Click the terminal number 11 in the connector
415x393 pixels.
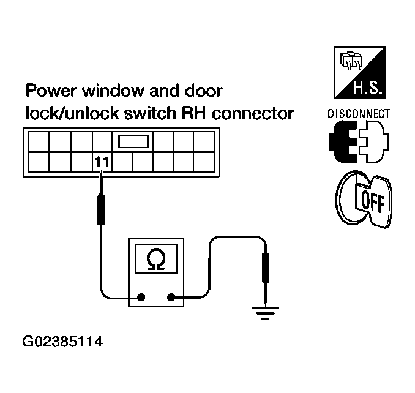pyautogui.click(x=102, y=162)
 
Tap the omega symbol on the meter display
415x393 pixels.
pyautogui.click(x=156, y=259)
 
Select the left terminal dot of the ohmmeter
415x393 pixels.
pyautogui.click(x=141, y=297)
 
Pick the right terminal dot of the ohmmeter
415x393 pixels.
pyautogui.click(x=171, y=297)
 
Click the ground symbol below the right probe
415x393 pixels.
pyautogui.click(x=266, y=313)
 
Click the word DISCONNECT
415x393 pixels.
pyautogui.click(x=359, y=114)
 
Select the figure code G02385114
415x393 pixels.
pyautogui.click(x=62, y=342)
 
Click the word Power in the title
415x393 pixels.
pyautogui.click(x=52, y=91)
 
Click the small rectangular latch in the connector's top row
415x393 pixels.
pyautogui.click(x=133, y=141)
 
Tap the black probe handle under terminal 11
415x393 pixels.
pyautogui.click(x=102, y=210)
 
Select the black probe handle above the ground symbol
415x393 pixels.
pyautogui.click(x=266, y=268)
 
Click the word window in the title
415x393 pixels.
pyautogui.click(x=113, y=91)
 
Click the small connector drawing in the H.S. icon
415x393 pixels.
pyautogui.click(x=351, y=61)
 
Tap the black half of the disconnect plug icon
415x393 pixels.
pyautogui.click(x=342, y=141)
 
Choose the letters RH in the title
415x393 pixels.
pyautogui.click(x=193, y=113)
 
